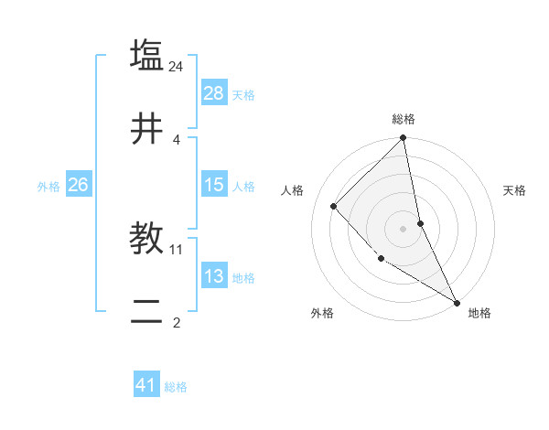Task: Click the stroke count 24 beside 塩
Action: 177,66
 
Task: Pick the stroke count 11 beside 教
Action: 177,249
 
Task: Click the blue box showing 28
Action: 214,93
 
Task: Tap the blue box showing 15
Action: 214,185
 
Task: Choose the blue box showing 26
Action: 78,185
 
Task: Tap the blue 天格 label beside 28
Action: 243,94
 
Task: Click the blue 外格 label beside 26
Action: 48,186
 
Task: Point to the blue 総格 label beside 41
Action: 176,386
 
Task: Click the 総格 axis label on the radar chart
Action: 404,119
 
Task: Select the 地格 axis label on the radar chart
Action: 479,313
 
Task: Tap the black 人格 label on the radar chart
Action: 293,190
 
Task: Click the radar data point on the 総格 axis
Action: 404,139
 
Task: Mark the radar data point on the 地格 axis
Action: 457,302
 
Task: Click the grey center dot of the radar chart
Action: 404,229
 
